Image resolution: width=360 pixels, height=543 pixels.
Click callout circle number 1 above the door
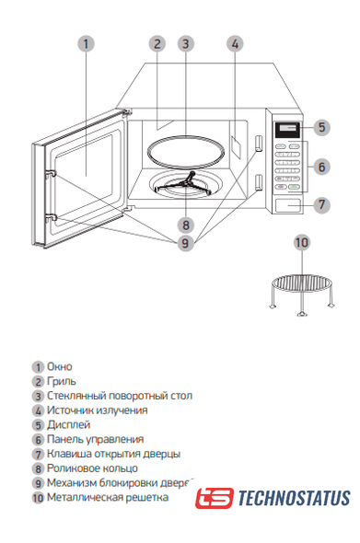pyautogui.click(x=86, y=44)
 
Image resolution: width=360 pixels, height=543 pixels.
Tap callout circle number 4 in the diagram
pyautogui.click(x=235, y=44)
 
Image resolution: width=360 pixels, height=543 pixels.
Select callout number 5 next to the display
pyautogui.click(x=322, y=127)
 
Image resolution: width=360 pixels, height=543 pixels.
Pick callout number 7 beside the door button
pyautogui.click(x=322, y=204)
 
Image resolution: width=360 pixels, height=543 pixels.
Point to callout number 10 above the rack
pyautogui.click(x=302, y=242)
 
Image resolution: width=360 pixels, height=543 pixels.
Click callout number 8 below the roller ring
pyautogui.click(x=186, y=225)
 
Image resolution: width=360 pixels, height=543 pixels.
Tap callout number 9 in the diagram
pyautogui.click(x=186, y=243)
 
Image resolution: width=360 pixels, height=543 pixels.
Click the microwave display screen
pyautogui.click(x=287, y=129)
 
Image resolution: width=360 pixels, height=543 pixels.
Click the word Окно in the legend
pyautogui.click(x=60, y=366)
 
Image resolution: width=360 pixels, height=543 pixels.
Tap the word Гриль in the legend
pyautogui.click(x=62, y=381)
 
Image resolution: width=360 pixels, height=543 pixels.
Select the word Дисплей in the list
pyautogui.click(x=69, y=424)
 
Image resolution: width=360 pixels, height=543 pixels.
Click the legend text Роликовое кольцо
pyautogui.click(x=92, y=468)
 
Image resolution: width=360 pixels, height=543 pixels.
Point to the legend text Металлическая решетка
pyautogui.click(x=108, y=497)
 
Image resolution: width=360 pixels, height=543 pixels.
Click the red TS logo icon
pyautogui.click(x=215, y=498)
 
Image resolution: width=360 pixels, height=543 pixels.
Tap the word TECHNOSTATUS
pyautogui.click(x=294, y=498)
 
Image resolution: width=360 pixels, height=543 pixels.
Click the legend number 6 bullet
pyautogui.click(x=38, y=440)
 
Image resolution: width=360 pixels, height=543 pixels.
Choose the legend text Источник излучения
pyautogui.click(x=97, y=410)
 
